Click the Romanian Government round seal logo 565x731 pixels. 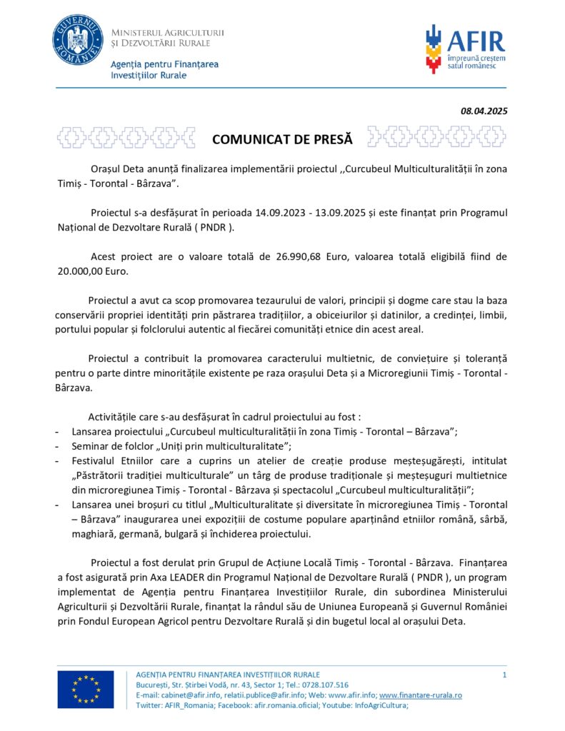77,40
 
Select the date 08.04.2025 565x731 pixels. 484,111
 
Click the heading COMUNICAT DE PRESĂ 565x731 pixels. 282,139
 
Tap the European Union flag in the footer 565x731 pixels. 86,690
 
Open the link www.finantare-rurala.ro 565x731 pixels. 420,695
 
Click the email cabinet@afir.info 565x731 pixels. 186,695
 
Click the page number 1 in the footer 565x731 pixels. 504,675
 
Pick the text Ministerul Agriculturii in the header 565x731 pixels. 168,32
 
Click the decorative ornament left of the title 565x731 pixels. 126,136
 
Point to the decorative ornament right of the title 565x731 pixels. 437,136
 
